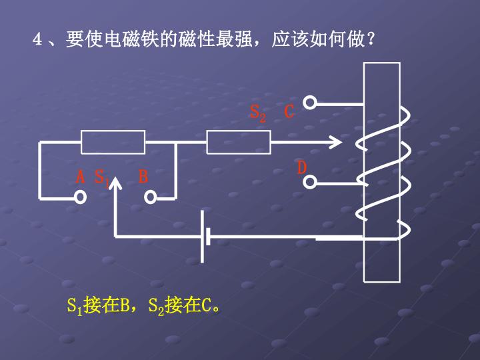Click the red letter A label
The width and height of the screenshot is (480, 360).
pos(80,176)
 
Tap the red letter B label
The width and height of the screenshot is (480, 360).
pos(143,176)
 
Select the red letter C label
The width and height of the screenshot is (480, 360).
pos(289,111)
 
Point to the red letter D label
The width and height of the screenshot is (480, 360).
pos(302,167)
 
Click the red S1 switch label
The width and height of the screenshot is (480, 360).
pos(102,178)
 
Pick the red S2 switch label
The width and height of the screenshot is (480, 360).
pos(258,113)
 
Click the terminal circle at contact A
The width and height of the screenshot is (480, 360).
pos(81,197)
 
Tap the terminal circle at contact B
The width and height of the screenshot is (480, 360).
pos(150,197)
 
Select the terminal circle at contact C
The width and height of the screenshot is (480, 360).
pos(310,103)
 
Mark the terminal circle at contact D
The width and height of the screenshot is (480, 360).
pos(310,182)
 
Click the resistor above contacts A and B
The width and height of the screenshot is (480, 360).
pos(113,142)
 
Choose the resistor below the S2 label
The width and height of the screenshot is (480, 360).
pos(239,142)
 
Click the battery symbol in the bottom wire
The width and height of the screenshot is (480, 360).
pos(205,237)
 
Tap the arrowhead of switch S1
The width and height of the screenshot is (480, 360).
pos(115,183)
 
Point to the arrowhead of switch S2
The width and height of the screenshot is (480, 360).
pos(336,142)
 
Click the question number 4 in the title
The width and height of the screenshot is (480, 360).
pos(37,39)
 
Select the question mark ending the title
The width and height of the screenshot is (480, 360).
pos(371,39)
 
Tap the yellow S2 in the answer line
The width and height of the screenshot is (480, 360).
pos(156,306)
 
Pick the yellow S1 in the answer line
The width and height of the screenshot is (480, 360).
pos(75,306)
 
